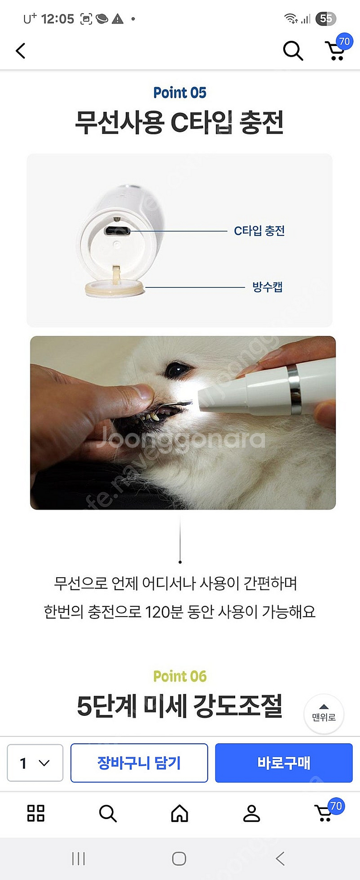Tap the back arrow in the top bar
pos(20,50)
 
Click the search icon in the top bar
pos(293,50)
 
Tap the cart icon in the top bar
pos(336,51)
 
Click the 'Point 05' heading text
pos(180,93)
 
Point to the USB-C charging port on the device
pos(118,231)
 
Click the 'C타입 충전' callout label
pos(259,231)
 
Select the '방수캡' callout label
pos(267,287)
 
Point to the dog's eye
pos(177,369)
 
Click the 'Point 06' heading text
pos(180,676)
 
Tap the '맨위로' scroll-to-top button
pos(324,714)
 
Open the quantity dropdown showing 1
pos(35,763)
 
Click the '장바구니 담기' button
pos(139,763)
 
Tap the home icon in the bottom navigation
pos(180,813)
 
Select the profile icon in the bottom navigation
pos(252,813)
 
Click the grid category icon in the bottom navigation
pos(36,813)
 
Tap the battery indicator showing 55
pos(326,19)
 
